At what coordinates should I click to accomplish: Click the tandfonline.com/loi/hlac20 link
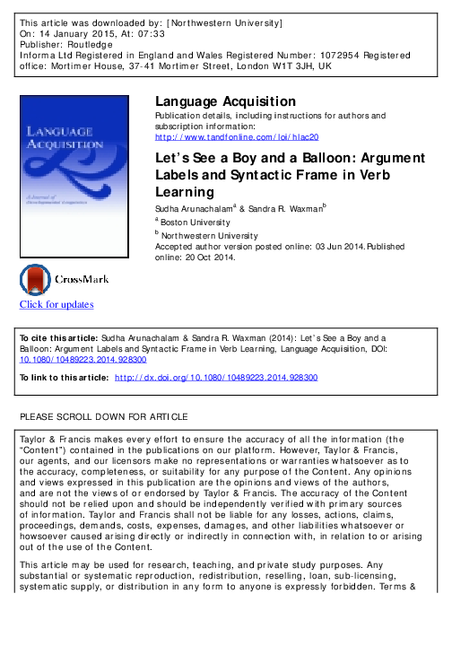pos(237,137)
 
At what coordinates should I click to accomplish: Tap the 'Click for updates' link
pos(56,304)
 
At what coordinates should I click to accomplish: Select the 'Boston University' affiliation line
pos(196,221)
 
